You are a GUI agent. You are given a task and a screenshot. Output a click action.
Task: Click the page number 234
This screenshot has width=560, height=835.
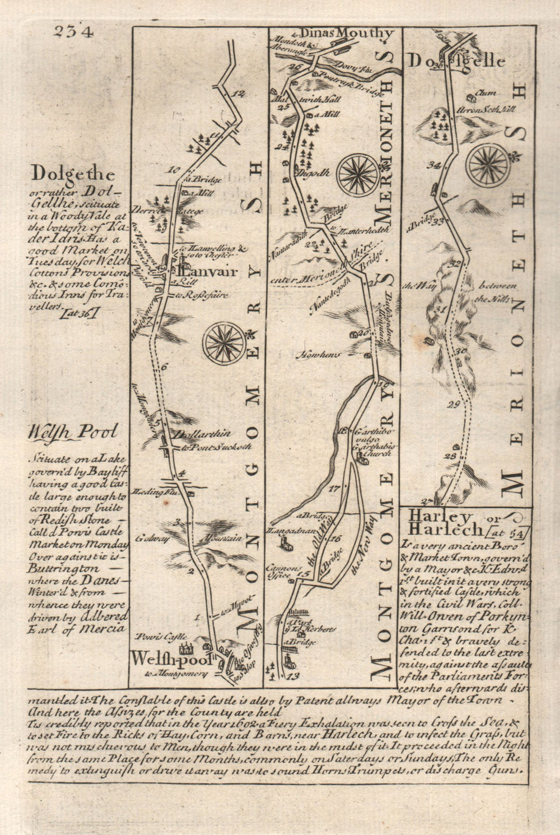(x=73, y=32)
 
